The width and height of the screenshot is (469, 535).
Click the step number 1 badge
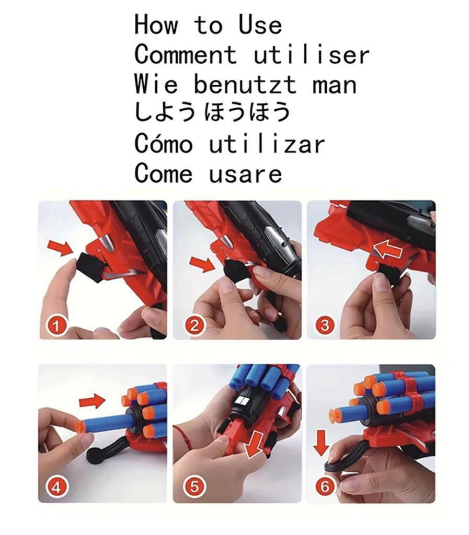[58, 327]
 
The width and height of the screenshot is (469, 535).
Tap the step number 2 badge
[194, 327]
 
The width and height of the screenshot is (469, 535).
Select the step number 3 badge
[325, 327]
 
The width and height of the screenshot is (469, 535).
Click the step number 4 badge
[58, 487]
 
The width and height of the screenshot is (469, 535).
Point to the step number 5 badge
[194, 487]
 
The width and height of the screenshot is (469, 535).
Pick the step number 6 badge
[325, 487]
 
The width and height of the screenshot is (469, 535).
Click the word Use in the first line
[260, 25]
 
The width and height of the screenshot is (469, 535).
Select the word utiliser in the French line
[311, 54]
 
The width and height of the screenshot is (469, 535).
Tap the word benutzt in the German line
[245, 84]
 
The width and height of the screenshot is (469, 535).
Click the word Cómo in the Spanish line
[163, 144]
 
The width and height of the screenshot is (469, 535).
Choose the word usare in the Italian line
[245, 173]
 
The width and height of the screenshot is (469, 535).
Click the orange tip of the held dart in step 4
[80, 426]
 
